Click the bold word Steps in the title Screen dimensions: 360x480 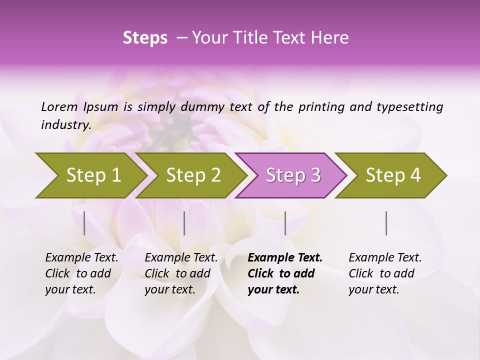coord(145,38)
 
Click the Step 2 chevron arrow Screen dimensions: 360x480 coord(192,175)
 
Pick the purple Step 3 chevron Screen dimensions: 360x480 coord(292,175)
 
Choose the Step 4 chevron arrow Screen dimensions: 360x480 coord(392,175)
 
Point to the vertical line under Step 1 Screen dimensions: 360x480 coord(84,223)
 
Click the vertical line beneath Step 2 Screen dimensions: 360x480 coord(184,223)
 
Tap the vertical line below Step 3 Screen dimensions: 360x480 coord(285,223)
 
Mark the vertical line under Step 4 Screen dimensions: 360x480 coord(386,223)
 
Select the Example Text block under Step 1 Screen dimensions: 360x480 coord(81,273)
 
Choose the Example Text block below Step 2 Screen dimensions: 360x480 coord(181,273)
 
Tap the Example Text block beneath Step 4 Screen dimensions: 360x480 coord(385,273)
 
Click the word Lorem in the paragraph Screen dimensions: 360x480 coord(59,107)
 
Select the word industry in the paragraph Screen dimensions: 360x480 coord(65,125)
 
